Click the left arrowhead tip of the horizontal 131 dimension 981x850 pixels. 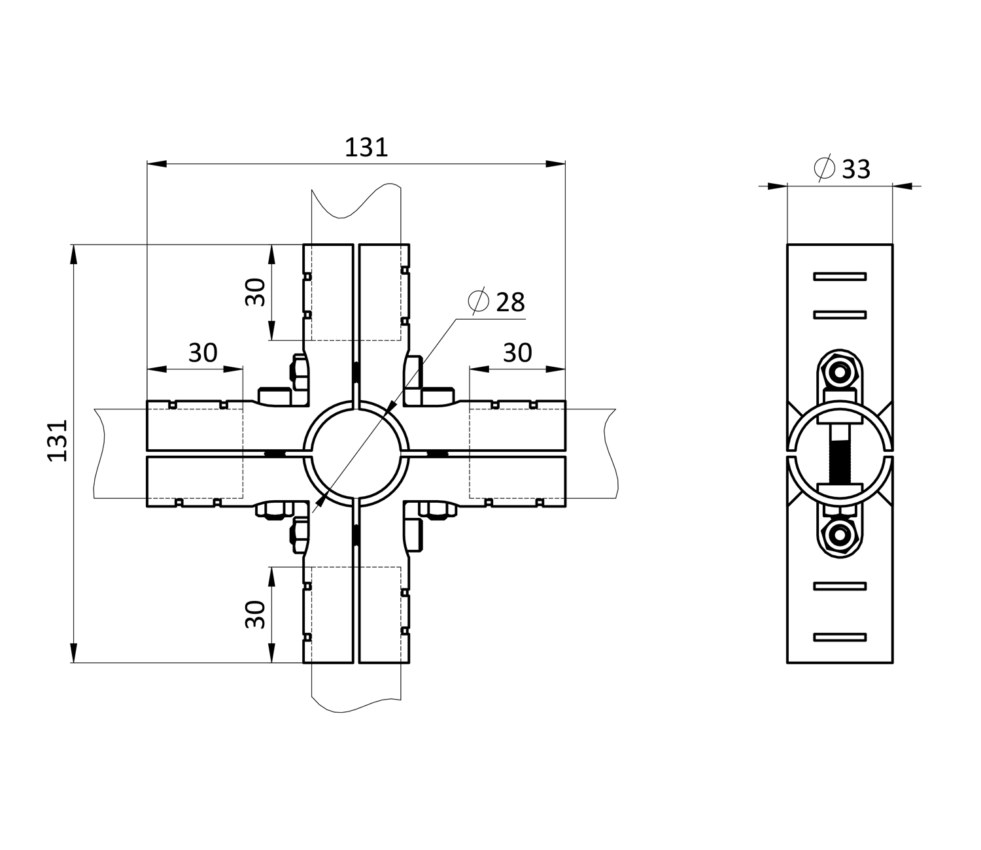point(148,163)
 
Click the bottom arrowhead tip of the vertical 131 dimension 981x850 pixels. point(73,662)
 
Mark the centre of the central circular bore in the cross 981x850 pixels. point(356,454)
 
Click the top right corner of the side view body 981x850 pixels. point(893,245)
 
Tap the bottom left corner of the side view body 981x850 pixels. point(787,662)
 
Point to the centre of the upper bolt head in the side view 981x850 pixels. point(840,371)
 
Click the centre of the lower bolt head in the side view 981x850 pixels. point(840,536)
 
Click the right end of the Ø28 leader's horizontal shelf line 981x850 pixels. point(525,319)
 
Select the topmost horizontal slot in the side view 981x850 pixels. point(840,276)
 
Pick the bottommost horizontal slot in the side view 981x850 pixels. point(840,637)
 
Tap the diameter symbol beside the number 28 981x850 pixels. point(478,301)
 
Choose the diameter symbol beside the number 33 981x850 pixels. point(825,167)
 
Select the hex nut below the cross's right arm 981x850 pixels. point(438,511)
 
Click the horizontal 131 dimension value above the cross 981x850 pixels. point(366,148)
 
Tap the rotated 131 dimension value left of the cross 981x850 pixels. point(58,441)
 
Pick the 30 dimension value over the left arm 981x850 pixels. point(203,352)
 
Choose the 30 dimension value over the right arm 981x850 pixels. point(517,352)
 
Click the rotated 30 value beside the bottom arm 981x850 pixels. point(255,615)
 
